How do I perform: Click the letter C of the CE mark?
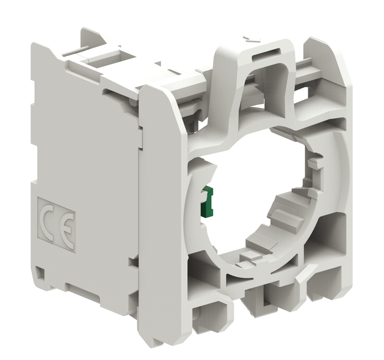[x=47, y=221]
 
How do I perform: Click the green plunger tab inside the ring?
[x=206, y=202]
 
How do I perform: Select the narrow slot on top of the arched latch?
[x=266, y=52]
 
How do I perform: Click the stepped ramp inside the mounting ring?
[x=284, y=213]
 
